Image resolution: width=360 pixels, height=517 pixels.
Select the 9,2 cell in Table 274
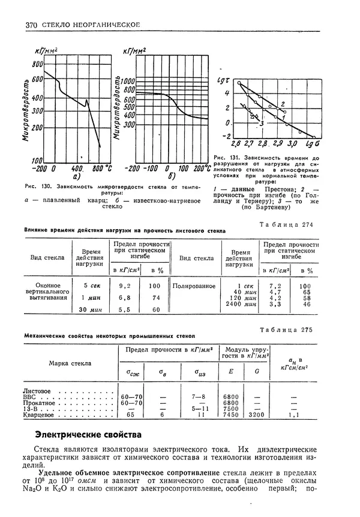[125, 286]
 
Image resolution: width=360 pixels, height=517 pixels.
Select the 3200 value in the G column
[255, 414]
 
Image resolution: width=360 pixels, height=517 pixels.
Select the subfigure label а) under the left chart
[77, 177]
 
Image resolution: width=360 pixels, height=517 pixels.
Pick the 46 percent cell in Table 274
[306, 305]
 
